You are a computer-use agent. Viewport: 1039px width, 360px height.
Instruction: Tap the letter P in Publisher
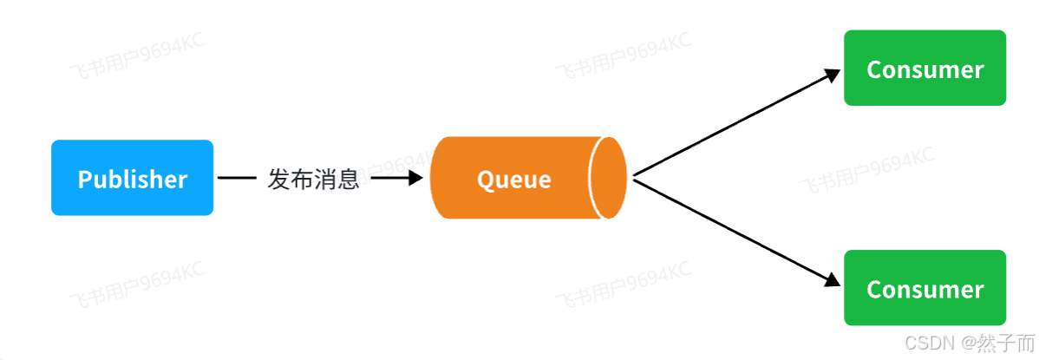84,180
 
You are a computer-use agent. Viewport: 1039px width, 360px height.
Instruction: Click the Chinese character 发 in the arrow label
279,180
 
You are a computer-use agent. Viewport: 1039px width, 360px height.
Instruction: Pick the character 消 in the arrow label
325,180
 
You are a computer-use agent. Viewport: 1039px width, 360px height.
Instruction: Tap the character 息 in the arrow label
348,180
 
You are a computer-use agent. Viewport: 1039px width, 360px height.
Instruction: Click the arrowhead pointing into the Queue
415,178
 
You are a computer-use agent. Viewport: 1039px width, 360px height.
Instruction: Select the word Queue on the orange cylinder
513,180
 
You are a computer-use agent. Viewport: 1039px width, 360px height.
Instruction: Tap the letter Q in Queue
486,180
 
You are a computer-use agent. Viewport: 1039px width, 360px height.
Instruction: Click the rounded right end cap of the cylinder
609,177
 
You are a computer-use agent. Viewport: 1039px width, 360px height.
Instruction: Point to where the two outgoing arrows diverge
635,177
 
